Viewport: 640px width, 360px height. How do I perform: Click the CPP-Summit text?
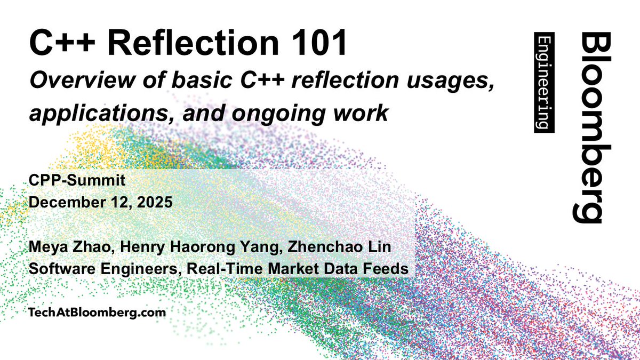[78, 181]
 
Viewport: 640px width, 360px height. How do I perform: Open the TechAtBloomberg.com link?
[97, 313]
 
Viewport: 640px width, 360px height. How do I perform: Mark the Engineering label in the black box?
[544, 83]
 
